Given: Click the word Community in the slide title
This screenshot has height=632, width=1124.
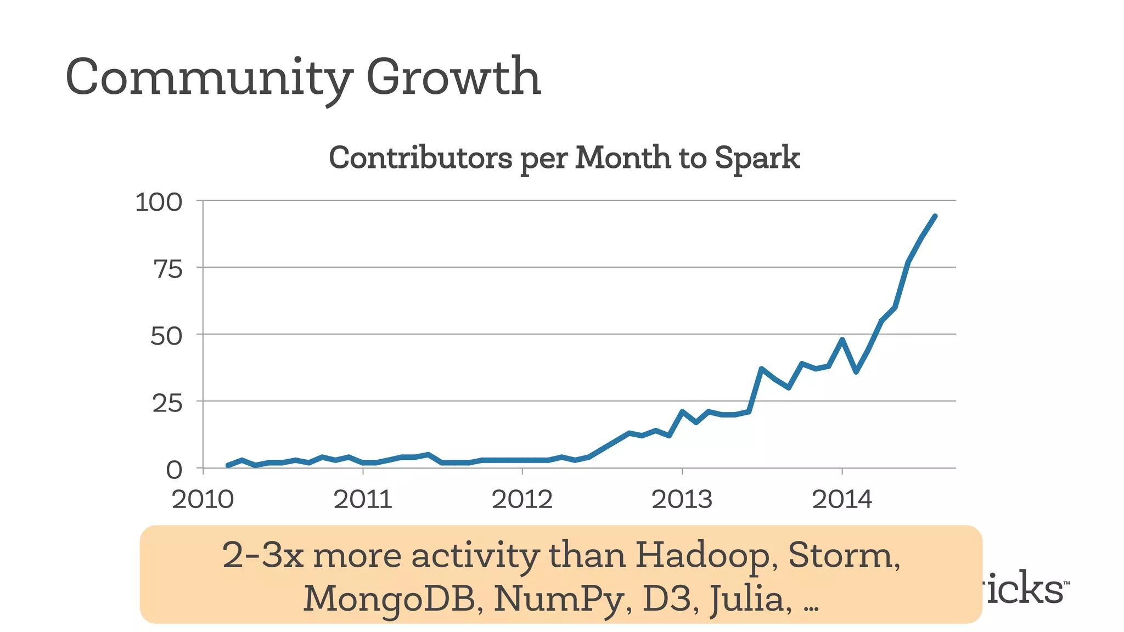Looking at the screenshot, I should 207,78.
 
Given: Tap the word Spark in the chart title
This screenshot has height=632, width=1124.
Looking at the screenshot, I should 757,158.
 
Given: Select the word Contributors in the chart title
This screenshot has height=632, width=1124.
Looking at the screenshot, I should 420,158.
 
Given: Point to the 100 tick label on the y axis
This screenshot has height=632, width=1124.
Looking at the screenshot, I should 159,202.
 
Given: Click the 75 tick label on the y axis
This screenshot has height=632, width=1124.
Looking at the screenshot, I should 167,269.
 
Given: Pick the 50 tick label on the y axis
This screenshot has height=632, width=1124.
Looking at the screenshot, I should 166,336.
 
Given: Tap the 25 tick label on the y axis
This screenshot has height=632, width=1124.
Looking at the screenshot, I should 167,404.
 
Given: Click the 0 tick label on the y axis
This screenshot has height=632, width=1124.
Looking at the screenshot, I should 174,470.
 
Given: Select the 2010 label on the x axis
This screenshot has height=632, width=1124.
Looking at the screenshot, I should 203,500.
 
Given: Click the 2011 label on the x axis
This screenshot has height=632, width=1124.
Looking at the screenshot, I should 363,500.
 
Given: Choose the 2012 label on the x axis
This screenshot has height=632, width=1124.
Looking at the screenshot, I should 522,500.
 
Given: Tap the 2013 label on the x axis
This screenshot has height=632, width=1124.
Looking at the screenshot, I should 682,500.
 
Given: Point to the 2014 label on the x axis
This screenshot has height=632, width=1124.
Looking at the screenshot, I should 842,500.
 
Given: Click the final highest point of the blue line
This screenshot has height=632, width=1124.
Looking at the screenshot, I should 935,216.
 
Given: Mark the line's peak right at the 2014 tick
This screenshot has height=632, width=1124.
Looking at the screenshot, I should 842,340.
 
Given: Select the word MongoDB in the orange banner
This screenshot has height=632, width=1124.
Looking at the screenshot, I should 389,599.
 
